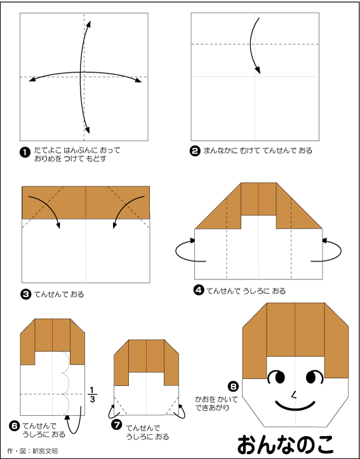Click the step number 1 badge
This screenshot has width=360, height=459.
[25, 152]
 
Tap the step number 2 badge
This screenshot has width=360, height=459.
[195, 151]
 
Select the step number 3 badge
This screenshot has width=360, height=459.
[25, 294]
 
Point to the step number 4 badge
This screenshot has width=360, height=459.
[199, 290]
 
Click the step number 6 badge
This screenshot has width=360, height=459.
[15, 426]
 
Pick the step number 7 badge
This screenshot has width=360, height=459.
[117, 425]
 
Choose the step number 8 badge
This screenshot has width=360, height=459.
[234, 387]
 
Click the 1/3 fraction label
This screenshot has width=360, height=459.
[92, 395]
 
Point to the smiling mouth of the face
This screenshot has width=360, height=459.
[295, 406]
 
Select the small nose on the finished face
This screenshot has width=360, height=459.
[293, 395]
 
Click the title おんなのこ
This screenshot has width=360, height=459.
[285, 445]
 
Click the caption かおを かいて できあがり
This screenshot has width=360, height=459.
[217, 403]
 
